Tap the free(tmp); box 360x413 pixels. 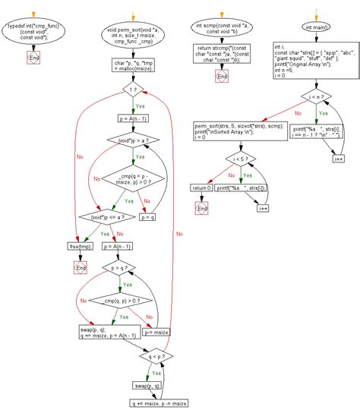click(x=81, y=246)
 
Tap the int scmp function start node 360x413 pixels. click(x=221, y=33)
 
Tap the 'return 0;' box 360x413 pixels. click(x=201, y=187)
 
